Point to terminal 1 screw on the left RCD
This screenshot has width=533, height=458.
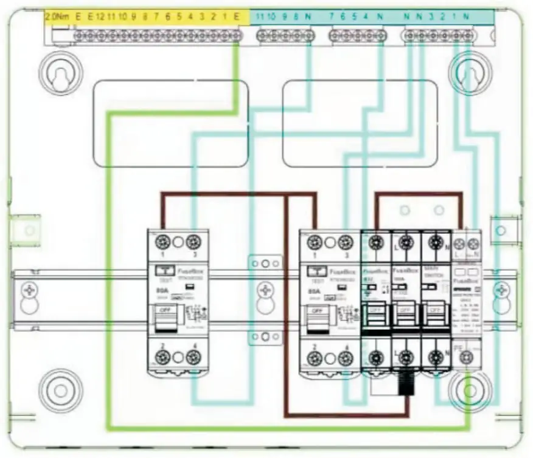coord(162,241)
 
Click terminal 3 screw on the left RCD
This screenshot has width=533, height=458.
coord(193,241)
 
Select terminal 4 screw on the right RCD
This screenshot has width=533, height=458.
coord(345,358)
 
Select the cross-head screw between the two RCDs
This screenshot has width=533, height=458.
coord(264,289)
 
